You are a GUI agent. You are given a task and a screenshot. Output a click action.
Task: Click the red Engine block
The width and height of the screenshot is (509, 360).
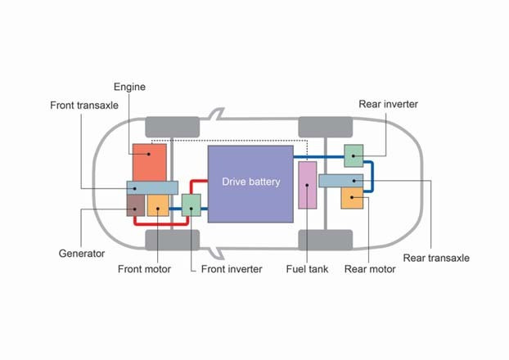150,161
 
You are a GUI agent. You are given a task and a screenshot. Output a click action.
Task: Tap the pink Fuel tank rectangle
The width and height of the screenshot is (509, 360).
307,185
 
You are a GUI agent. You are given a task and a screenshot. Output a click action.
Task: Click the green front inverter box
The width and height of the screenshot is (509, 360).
191,205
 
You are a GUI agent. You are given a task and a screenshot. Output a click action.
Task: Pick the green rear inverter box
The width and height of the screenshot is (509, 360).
354,155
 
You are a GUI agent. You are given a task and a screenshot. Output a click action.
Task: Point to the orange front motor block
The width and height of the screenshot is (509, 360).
158,205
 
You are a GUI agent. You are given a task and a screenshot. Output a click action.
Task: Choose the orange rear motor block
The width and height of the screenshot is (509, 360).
351,198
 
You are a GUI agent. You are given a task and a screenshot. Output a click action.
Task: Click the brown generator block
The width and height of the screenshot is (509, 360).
135,205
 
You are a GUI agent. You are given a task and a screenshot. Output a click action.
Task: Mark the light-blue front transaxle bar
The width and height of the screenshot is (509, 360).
152,187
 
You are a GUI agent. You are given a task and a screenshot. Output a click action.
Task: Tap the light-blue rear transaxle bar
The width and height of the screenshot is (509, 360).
340,181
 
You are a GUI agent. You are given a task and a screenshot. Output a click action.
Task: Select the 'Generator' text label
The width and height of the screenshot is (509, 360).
82,253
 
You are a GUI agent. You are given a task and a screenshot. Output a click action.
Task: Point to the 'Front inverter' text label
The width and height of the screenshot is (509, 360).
232,268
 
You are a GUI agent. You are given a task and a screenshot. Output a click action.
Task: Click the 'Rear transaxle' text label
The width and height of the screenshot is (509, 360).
437,258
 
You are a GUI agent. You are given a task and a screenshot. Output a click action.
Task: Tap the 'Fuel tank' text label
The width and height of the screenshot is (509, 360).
307,268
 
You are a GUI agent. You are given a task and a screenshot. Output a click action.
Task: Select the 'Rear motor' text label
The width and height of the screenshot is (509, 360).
370,268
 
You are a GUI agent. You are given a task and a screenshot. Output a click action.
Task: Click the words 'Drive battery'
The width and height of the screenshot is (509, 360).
250,182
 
